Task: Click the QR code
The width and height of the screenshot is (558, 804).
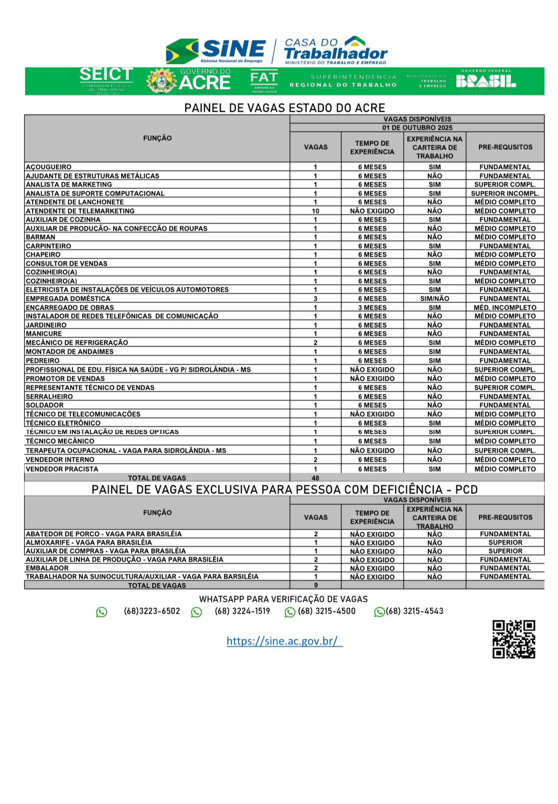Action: (x=513, y=639)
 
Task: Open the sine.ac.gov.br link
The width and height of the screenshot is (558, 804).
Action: (x=284, y=641)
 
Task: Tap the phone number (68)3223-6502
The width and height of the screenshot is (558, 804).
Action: (x=152, y=611)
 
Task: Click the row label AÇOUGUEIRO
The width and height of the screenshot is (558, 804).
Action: (x=49, y=167)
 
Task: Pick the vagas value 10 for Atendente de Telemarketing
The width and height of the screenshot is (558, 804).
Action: (x=315, y=211)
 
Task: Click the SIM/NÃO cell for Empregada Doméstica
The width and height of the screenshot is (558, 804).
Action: (x=434, y=298)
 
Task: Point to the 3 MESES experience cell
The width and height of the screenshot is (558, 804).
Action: (x=372, y=308)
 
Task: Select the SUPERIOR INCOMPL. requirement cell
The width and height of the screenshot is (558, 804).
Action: (x=505, y=193)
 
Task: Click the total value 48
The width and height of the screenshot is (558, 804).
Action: (x=315, y=478)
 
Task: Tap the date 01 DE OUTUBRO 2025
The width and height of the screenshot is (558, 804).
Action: (x=417, y=128)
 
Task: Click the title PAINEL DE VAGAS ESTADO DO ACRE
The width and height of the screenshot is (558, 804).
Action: (x=285, y=108)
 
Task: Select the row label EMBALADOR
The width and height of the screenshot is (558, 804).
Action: (x=47, y=568)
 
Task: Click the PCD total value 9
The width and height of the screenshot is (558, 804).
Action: (x=316, y=585)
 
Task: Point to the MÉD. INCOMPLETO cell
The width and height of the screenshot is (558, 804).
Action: (x=505, y=308)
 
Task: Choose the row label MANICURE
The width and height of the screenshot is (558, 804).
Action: (x=44, y=334)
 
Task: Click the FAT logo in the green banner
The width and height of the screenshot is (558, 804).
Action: (x=264, y=80)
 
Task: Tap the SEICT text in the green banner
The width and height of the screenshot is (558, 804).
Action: (x=106, y=74)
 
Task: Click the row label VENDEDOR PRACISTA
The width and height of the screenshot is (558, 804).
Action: (x=62, y=469)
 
